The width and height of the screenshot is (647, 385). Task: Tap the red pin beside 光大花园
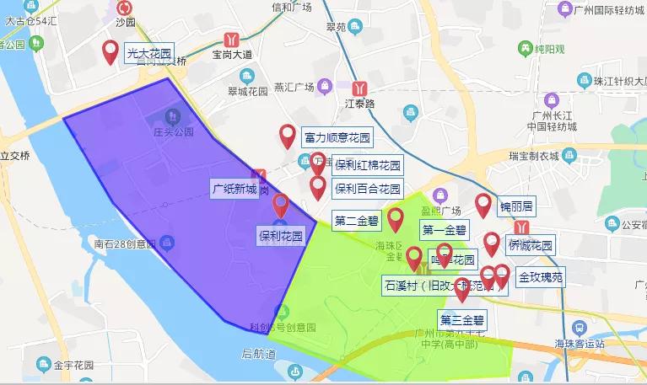click(x=111, y=52)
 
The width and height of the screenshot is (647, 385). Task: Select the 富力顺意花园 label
click(x=337, y=136)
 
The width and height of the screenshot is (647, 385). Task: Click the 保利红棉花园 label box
click(x=367, y=164)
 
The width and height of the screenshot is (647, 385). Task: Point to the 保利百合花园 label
click(x=367, y=188)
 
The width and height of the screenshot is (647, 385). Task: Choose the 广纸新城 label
click(x=235, y=189)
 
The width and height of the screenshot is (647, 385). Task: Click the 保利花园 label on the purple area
click(x=280, y=235)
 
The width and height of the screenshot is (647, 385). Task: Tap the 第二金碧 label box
click(x=357, y=222)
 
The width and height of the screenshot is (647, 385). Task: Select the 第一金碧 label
click(x=444, y=229)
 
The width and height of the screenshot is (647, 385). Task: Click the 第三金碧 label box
click(x=462, y=319)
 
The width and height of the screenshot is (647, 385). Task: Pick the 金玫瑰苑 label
click(x=541, y=275)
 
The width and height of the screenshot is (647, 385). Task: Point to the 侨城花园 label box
click(x=530, y=245)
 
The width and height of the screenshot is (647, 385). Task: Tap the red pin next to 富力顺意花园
click(x=288, y=135)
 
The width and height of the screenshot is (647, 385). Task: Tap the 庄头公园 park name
click(x=173, y=132)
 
